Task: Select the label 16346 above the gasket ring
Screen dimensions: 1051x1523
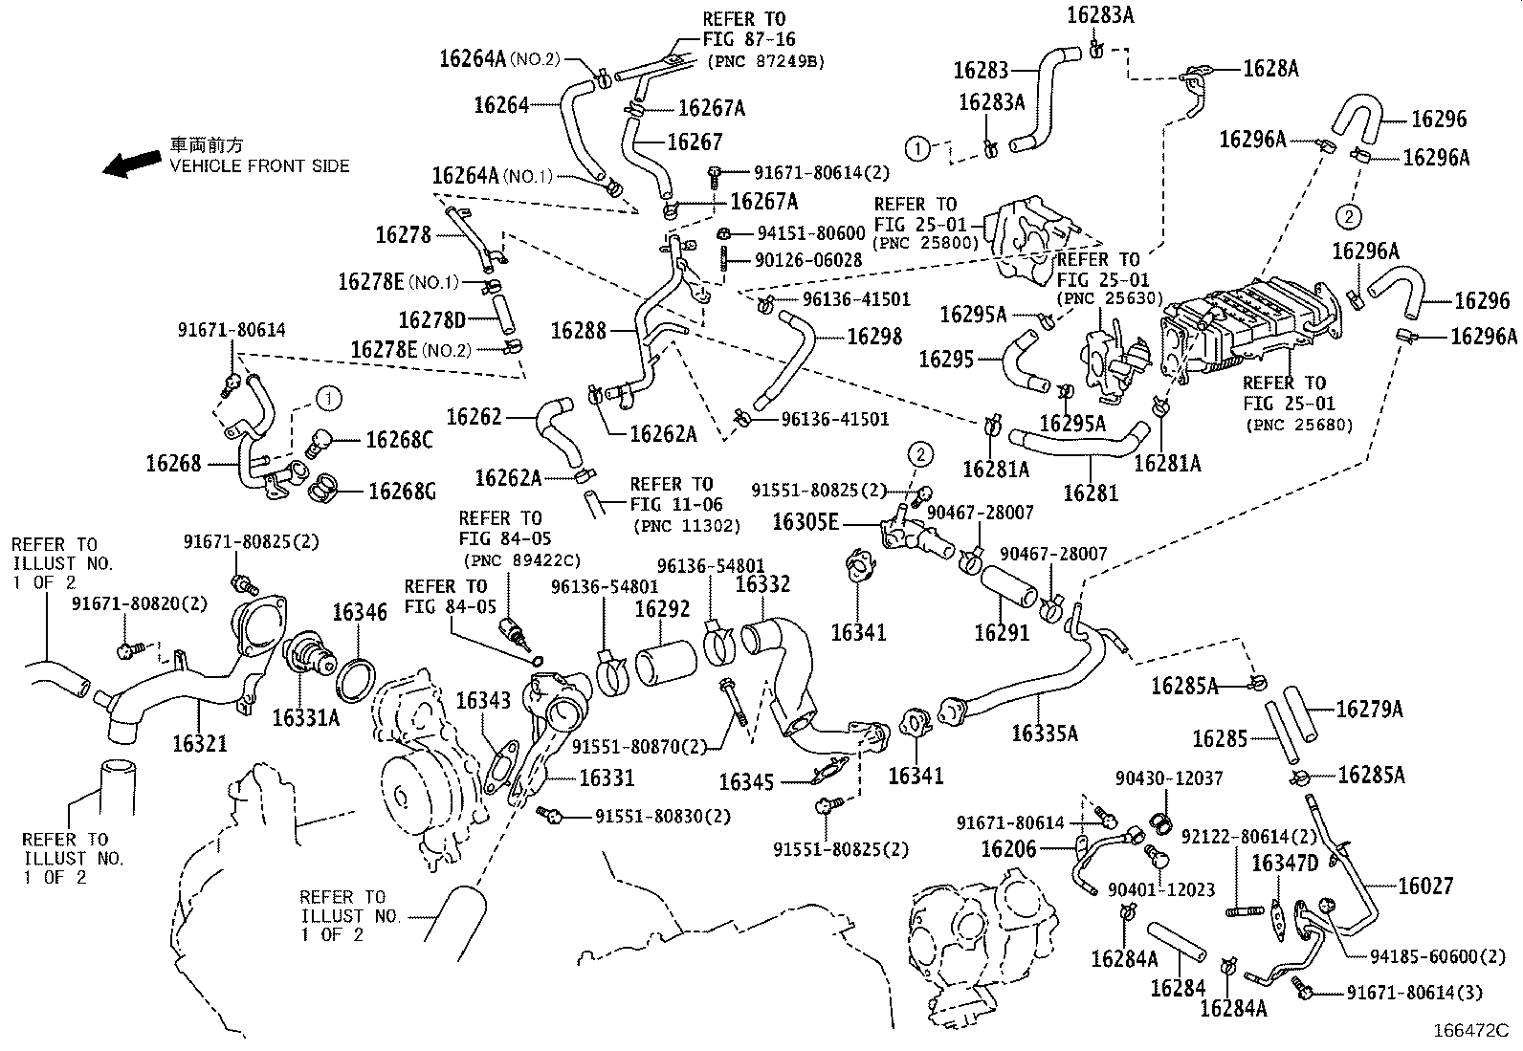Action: coord(360,611)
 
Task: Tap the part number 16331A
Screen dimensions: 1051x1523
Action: coord(305,716)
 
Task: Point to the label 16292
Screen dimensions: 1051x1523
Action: coord(663,608)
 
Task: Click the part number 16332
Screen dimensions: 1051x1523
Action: coord(762,583)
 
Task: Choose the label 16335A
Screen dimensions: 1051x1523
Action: coord(1045,734)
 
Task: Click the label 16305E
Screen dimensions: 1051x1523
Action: coord(806,521)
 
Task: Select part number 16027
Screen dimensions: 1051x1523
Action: coord(1424,887)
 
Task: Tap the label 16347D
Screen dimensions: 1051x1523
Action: coord(1285,864)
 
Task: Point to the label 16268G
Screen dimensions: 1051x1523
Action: coord(402,492)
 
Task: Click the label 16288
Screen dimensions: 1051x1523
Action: coord(579,331)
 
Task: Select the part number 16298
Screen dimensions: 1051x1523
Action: coord(874,336)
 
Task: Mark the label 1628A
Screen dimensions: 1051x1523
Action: coord(1270,69)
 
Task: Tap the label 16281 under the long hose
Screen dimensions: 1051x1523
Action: coord(1091,493)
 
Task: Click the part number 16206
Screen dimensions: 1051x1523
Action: coord(1008,848)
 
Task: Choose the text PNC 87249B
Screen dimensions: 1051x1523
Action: coord(765,61)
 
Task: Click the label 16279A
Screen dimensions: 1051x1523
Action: coord(1369,709)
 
